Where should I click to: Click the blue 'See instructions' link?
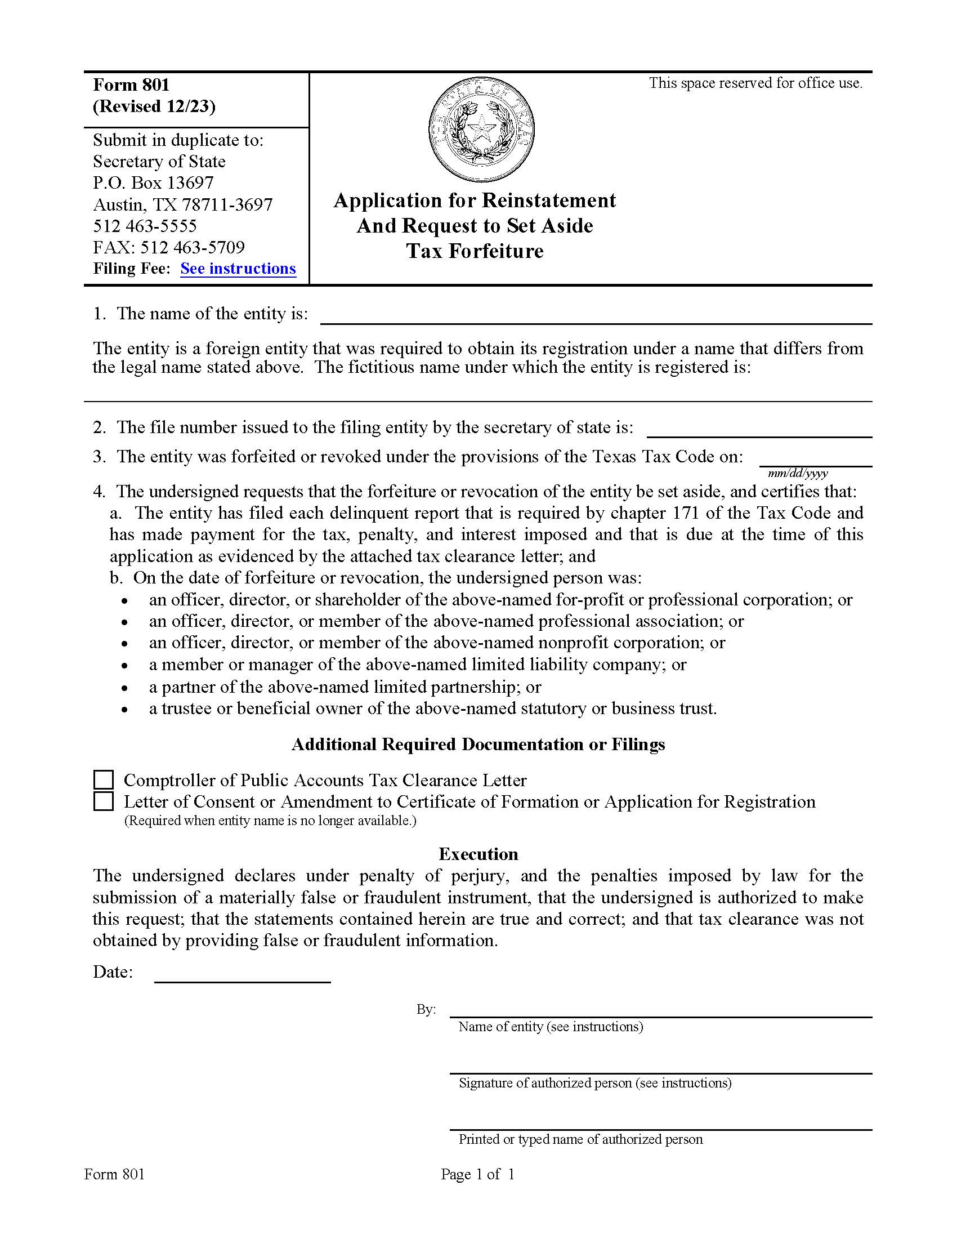[238, 268]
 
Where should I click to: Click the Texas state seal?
[482, 130]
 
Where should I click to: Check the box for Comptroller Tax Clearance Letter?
[103, 779]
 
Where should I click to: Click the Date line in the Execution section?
[243, 974]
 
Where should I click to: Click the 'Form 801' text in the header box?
[132, 85]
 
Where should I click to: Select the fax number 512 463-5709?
[169, 247]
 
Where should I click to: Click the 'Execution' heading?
[478, 854]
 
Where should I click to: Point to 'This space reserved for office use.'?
[755, 83]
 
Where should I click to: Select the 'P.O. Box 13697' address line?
[153, 182]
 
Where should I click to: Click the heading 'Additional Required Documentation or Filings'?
[478, 745]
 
